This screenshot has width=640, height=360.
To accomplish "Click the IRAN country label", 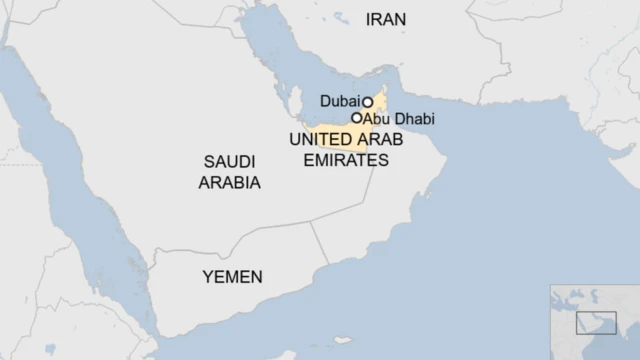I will (386, 19).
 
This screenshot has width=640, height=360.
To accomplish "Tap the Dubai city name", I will (339, 101).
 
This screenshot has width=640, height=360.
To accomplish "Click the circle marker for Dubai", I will (368, 101).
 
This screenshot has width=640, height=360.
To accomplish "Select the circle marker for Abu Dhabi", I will (356, 118).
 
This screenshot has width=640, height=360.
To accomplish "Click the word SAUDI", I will (229, 162).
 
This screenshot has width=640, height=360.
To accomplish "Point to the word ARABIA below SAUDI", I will (229, 183).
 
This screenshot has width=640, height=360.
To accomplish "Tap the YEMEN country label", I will (232, 277).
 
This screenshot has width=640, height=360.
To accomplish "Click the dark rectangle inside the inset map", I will (588, 323).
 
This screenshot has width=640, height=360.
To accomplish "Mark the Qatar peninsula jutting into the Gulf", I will (296, 101).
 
